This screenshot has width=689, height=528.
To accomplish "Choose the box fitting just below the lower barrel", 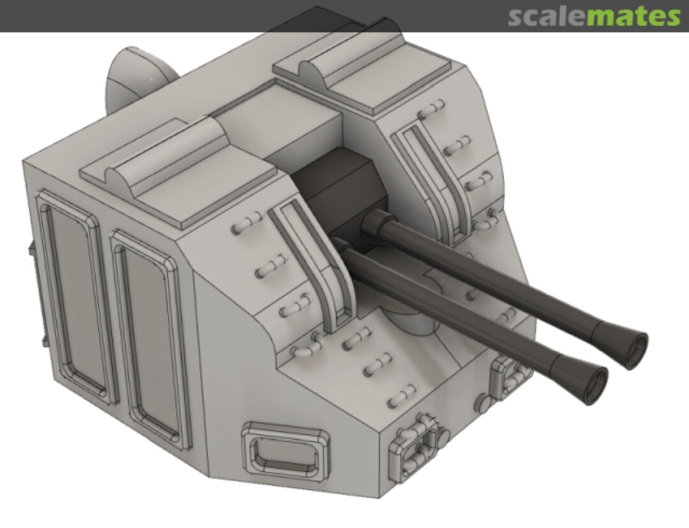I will (x=510, y=378).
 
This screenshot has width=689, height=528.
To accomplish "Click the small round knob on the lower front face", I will (x=483, y=404).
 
